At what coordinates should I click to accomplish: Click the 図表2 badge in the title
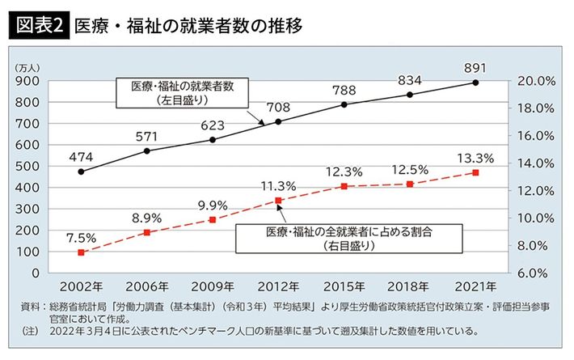38,26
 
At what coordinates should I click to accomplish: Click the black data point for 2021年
476,83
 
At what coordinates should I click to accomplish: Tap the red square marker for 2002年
82,252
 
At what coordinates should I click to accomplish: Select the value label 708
278,105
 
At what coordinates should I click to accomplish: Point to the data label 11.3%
278,185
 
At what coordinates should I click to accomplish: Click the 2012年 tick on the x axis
278,286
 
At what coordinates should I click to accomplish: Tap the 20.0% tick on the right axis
534,82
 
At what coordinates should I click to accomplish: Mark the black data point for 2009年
213,139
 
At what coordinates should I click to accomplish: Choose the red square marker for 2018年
410,184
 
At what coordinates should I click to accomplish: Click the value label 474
82,155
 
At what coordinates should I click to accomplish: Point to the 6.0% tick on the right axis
534,273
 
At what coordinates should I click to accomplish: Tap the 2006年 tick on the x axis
147,286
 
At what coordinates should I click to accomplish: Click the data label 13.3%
476,157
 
